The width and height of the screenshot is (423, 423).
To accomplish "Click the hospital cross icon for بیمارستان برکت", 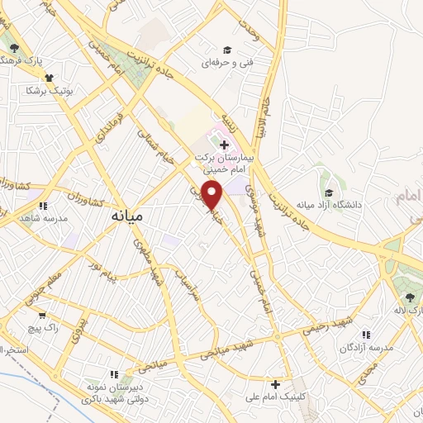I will coord(224,146).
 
